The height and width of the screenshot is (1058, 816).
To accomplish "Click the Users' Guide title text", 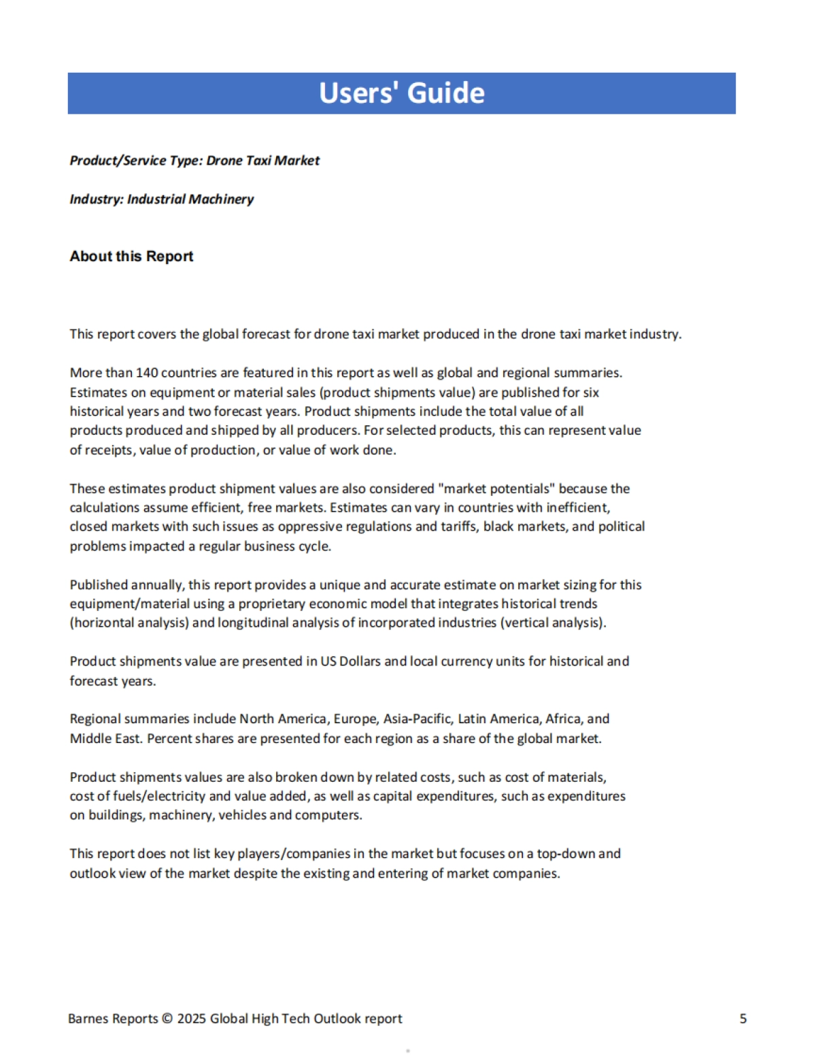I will click(402, 93).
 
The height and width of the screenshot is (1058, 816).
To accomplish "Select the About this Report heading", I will click(131, 257).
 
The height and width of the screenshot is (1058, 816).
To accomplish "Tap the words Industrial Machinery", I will click(190, 199).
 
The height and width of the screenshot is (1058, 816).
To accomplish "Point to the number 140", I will click(147, 373).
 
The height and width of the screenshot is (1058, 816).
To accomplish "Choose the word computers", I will click(328, 815).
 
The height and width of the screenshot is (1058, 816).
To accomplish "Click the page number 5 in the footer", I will click(743, 1019).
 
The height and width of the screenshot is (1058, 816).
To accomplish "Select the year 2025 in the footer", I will click(191, 1019).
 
